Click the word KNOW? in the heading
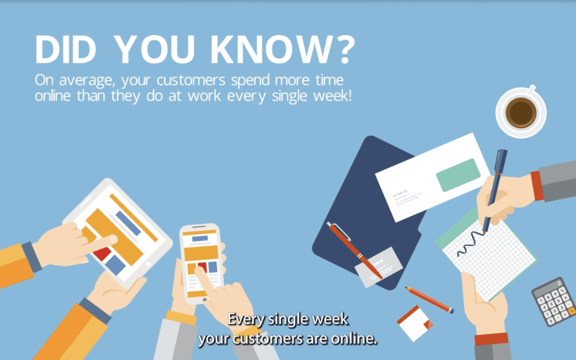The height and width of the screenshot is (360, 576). [283, 51]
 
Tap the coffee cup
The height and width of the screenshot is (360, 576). [521, 113]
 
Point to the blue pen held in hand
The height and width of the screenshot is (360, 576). [494, 187]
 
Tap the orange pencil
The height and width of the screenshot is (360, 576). [429, 300]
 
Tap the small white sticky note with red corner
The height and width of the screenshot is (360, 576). [415, 322]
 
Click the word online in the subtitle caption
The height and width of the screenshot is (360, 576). [353, 339]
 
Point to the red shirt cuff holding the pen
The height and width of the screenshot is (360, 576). [536, 186]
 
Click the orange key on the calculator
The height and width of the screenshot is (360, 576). [571, 309]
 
